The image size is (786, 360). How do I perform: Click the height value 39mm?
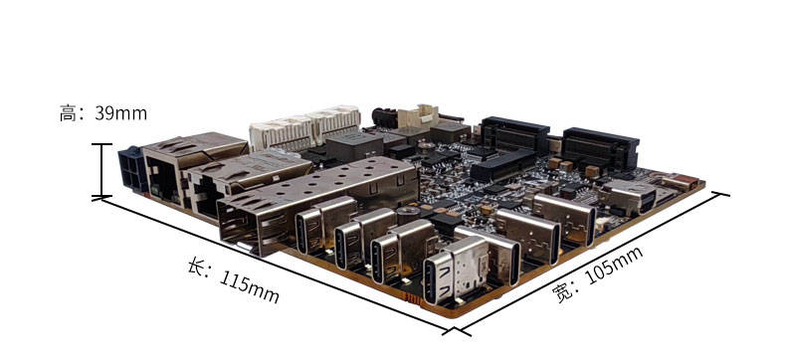tap(120, 113)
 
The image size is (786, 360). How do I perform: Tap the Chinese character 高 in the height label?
tap(68, 113)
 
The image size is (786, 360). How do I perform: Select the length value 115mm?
tap(249, 286)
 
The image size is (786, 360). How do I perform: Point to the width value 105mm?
tap(614, 266)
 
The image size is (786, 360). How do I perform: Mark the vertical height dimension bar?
tap(102, 170)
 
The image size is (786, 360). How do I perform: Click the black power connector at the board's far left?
tap(132, 169)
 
